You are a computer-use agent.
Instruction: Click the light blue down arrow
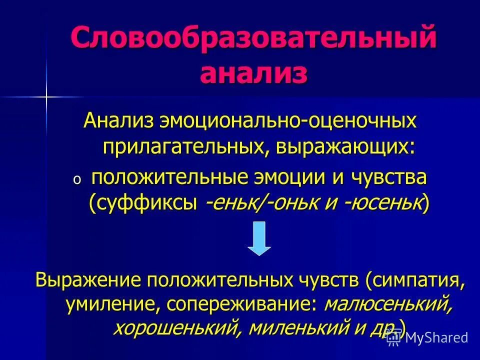click(259, 238)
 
